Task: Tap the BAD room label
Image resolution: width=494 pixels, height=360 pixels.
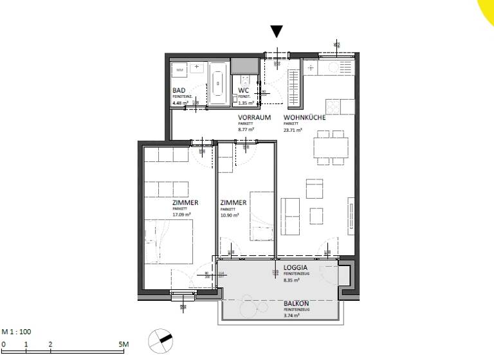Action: tap(178, 91)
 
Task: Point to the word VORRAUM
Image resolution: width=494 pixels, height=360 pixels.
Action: tap(252, 118)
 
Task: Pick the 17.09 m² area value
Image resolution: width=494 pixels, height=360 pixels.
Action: tap(180, 215)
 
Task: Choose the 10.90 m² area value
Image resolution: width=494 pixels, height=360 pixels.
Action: tap(229, 215)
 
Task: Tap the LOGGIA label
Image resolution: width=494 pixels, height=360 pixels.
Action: tap(295, 267)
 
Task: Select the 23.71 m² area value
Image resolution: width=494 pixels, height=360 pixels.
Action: tap(293, 129)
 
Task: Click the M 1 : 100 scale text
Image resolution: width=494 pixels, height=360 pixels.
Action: tap(16, 332)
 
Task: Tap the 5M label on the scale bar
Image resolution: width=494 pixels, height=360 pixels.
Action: tap(124, 345)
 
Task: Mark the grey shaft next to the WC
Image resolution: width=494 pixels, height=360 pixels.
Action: tap(243, 66)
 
